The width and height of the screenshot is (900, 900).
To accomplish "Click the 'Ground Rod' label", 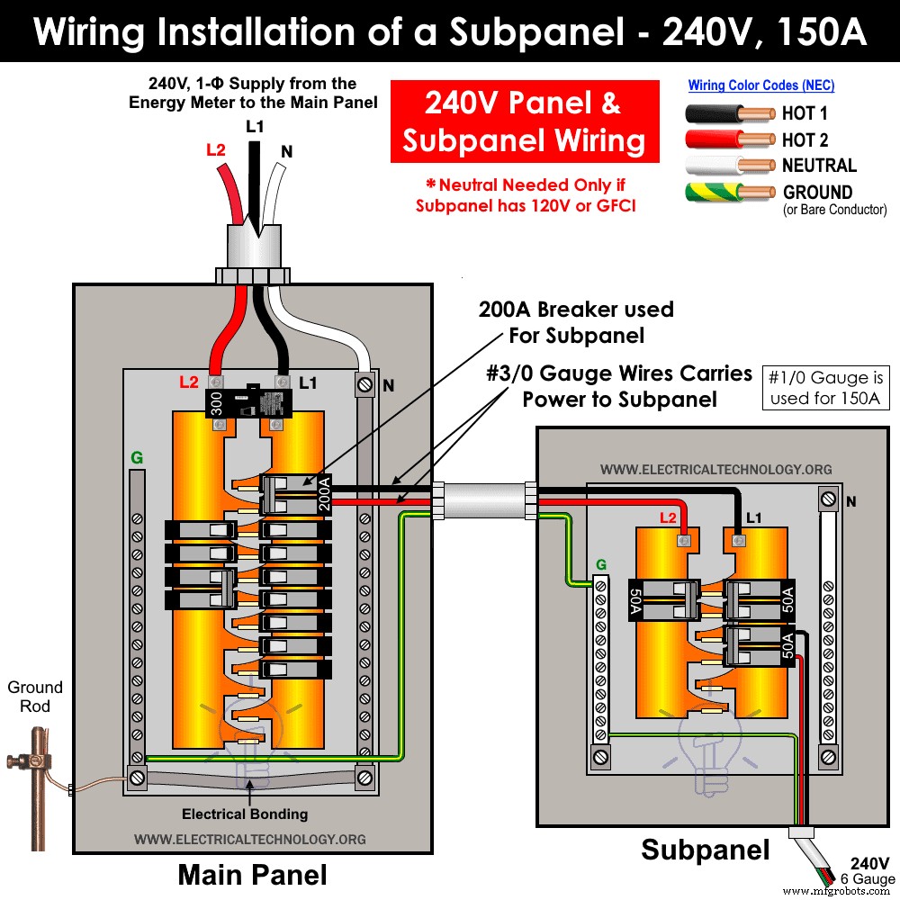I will pos(35,697).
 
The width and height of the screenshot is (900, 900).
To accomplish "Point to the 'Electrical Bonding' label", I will pos(245,814).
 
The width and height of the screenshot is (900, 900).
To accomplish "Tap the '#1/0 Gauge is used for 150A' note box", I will pos(824,388).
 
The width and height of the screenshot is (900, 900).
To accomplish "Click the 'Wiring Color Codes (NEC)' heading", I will pos(761,85).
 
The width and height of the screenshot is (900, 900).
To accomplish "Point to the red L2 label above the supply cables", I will pos(216,150).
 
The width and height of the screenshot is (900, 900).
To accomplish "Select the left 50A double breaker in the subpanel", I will pos(664,599).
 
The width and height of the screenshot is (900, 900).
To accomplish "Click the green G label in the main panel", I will pos(137,458).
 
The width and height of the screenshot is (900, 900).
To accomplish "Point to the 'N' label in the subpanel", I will pos(850,501).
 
